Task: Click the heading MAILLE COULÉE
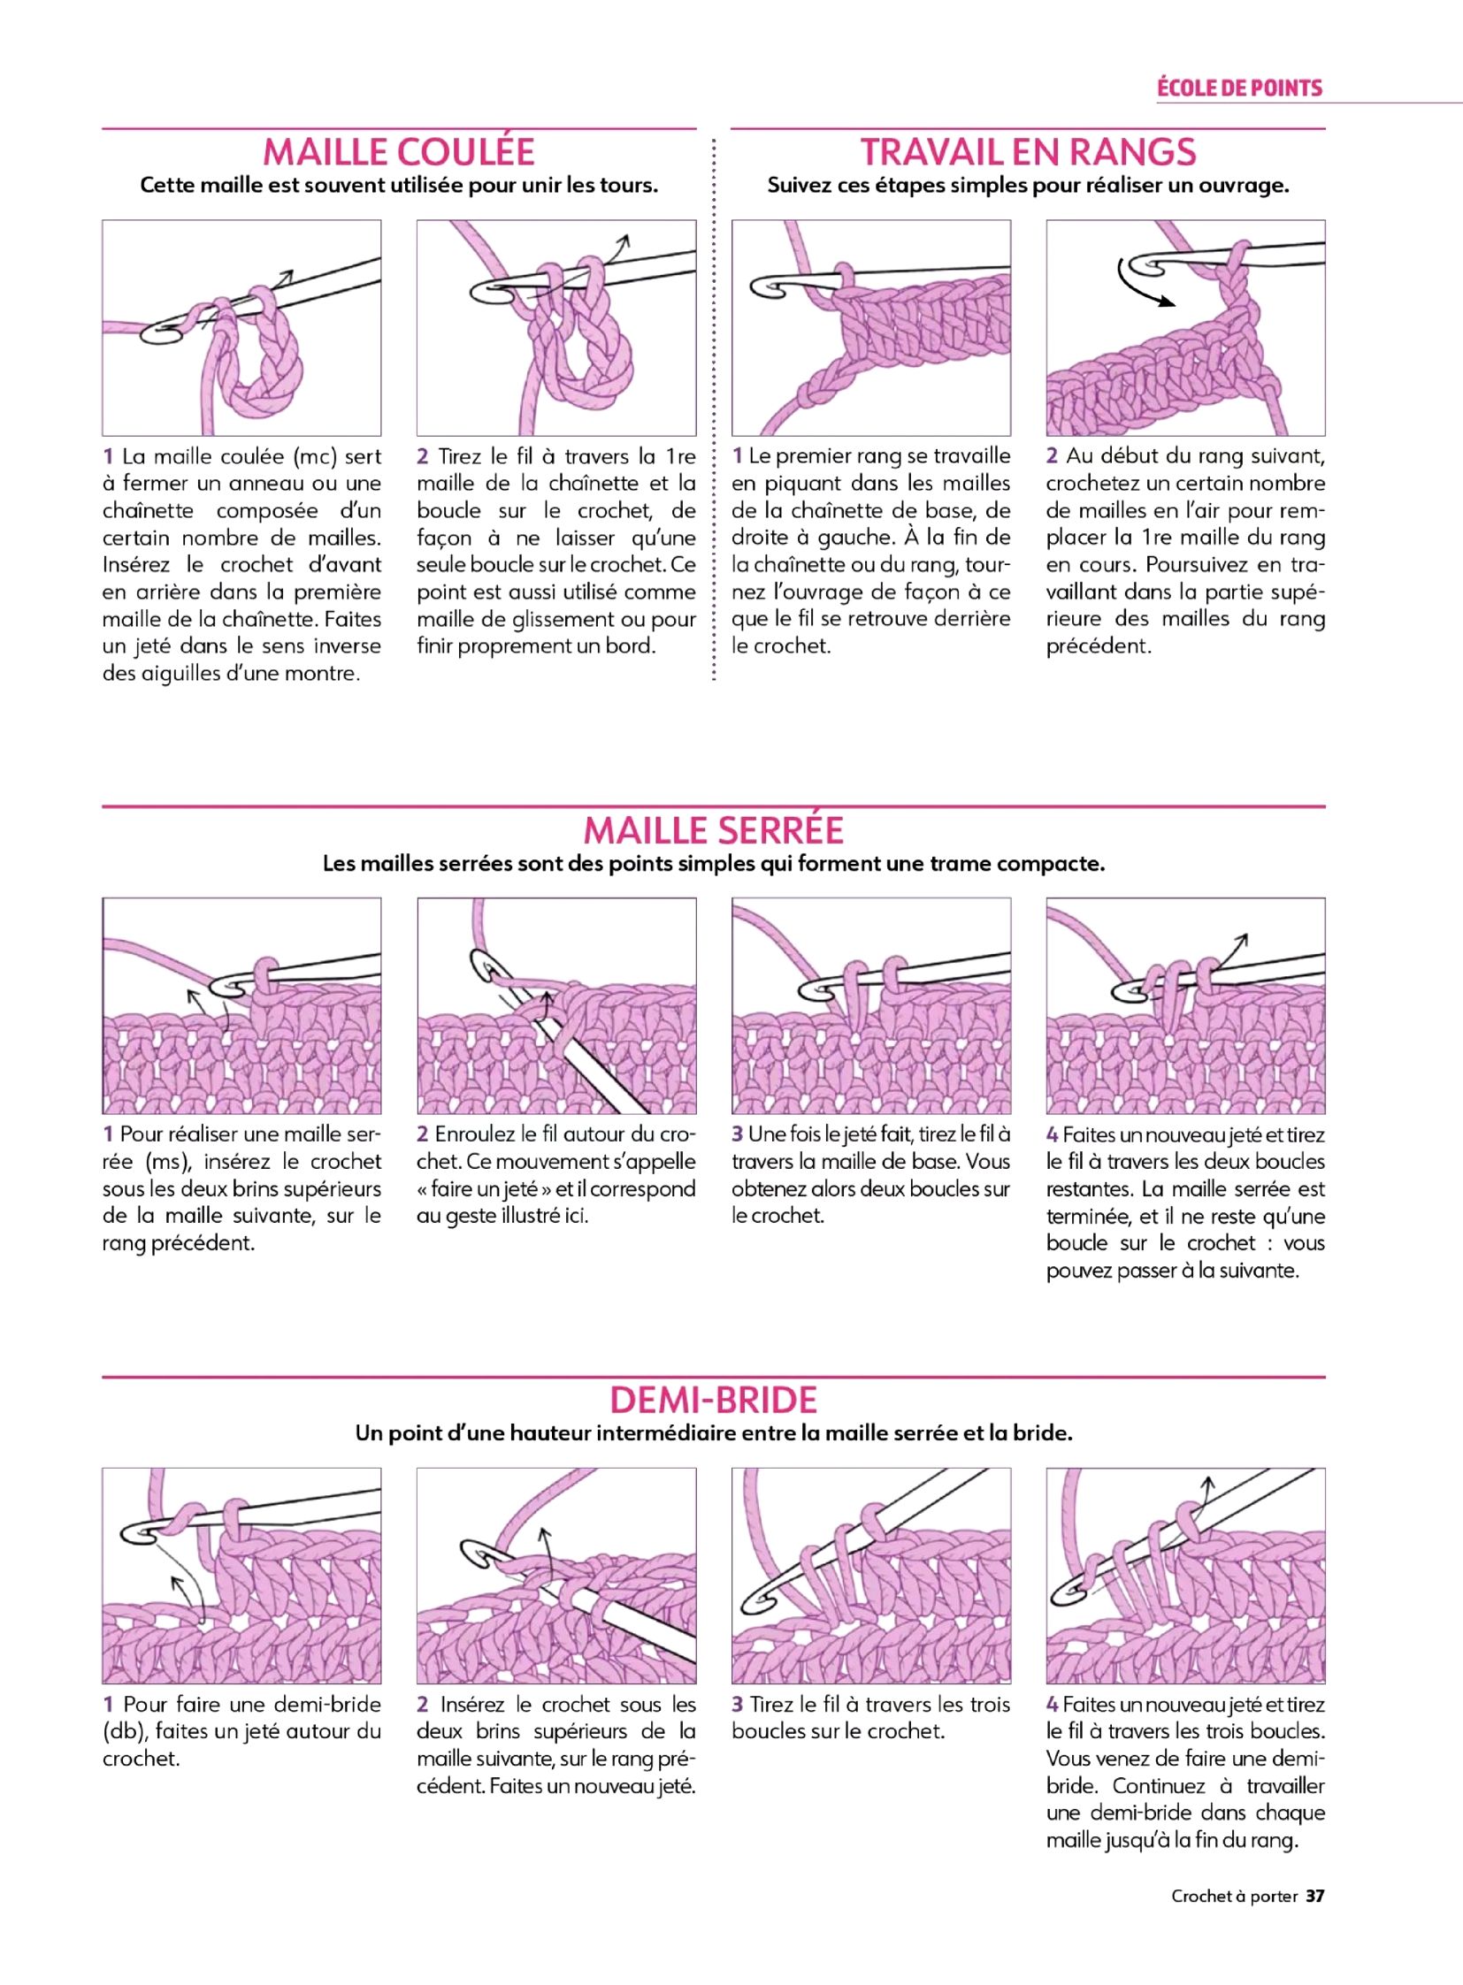point(399,152)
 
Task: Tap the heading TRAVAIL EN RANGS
point(1028,152)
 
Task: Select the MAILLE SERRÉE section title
point(714,829)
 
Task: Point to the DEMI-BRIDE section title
point(714,1400)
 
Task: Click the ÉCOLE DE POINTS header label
point(1240,88)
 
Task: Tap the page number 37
point(1314,1896)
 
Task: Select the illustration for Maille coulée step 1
point(241,327)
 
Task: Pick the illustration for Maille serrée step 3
point(871,1006)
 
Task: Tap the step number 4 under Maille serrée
point(1052,1134)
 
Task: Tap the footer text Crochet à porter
point(1235,1897)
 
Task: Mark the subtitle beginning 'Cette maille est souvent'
point(400,187)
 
